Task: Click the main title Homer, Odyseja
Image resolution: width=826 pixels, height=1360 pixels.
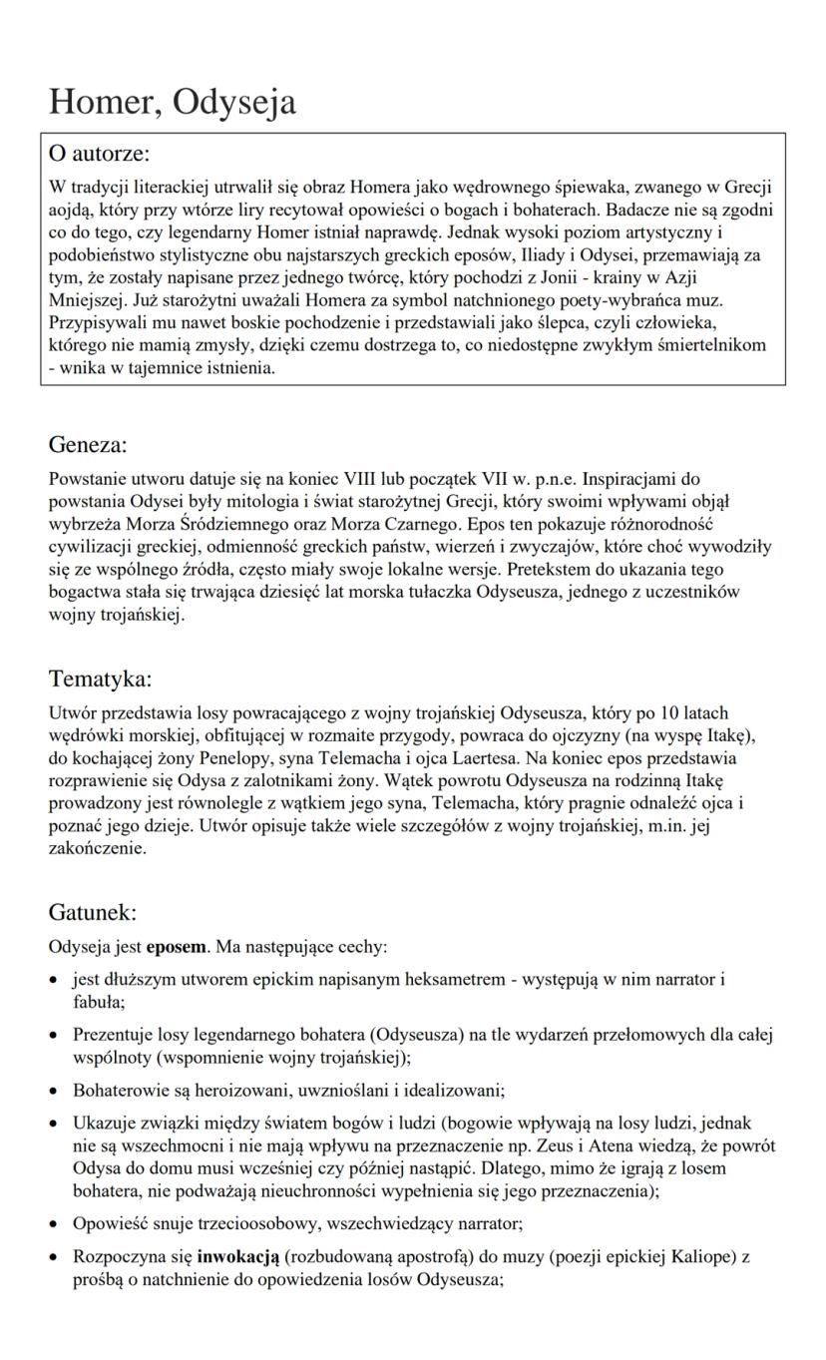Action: (x=173, y=101)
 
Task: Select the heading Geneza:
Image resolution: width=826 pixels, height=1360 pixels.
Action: (x=88, y=444)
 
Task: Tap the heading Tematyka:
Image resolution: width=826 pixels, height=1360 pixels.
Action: (x=100, y=679)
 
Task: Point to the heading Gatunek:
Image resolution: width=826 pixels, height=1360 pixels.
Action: (x=92, y=912)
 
